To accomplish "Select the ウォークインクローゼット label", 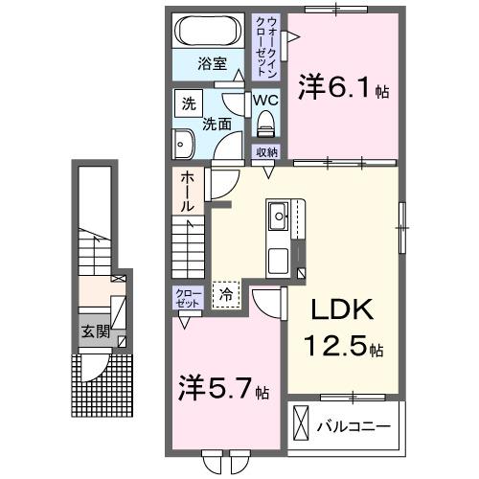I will click(262, 46).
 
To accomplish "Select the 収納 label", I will click(265, 152).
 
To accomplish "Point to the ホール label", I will click(187, 191).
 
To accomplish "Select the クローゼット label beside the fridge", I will click(187, 297).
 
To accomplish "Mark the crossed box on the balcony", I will click(302, 422).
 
